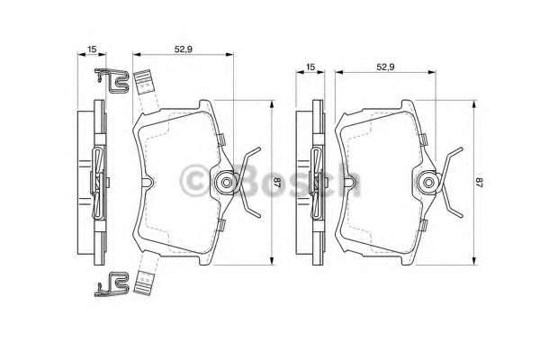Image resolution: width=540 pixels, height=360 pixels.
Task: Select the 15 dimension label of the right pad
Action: [x=310, y=67]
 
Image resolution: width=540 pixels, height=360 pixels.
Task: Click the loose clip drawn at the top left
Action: [x=110, y=82]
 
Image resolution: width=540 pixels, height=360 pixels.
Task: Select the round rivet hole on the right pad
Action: [x=427, y=183]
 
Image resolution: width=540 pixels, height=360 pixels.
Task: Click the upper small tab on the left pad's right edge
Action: [x=220, y=138]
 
